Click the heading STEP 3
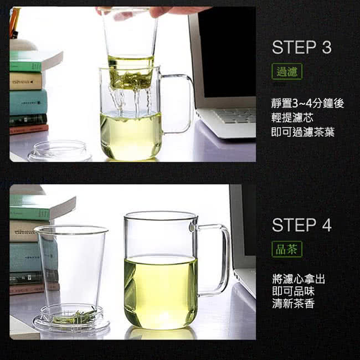click(302, 47)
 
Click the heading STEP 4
click(302, 225)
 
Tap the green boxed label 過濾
click(287, 71)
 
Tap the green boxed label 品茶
click(287, 249)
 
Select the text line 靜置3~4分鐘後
click(307, 104)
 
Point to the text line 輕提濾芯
click(292, 118)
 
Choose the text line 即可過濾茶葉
click(303, 132)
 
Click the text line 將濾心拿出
click(299, 279)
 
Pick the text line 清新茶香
click(293, 304)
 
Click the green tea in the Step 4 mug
click(161, 291)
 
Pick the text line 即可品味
click(293, 291)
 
